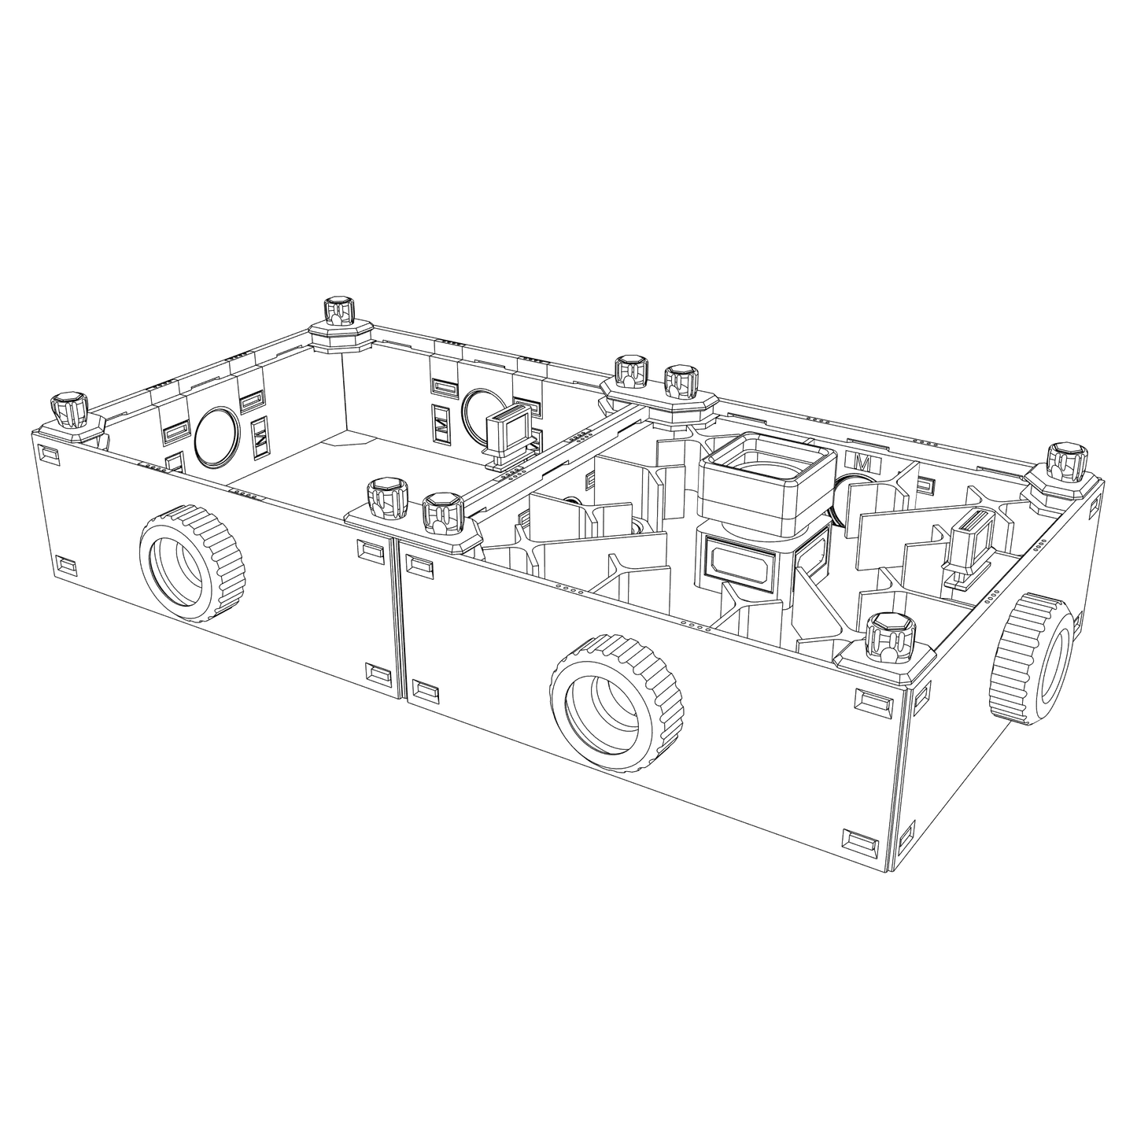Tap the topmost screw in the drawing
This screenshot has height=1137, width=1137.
340,310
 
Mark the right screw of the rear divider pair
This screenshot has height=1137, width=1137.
681,383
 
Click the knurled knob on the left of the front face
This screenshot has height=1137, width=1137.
191,563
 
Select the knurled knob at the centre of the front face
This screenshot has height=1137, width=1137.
615,700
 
